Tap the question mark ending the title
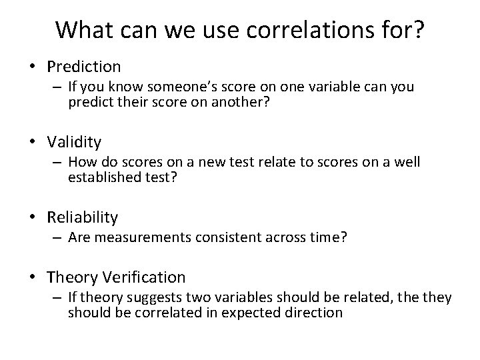coord(417,30)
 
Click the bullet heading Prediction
coord(84,66)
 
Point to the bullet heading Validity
coord(75,141)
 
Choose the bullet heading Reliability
coord(83,217)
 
